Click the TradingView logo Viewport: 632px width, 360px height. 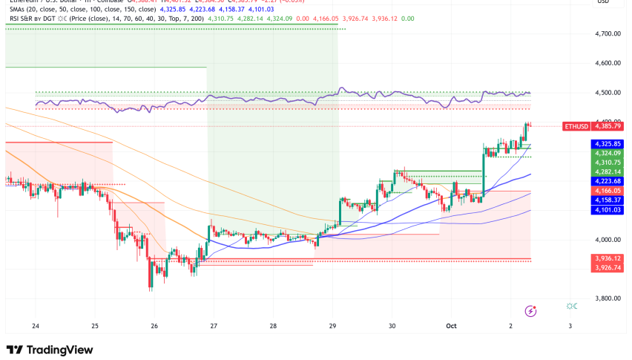pyautogui.click(x=50, y=350)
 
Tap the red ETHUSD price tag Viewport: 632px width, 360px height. pyautogui.click(x=577, y=126)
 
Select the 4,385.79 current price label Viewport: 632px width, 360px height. pyautogui.click(x=608, y=126)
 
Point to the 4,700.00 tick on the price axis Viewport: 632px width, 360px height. pyautogui.click(x=608, y=34)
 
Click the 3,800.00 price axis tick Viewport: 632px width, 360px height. pyautogui.click(x=608, y=298)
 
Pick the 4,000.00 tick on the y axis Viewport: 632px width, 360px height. pyautogui.click(x=608, y=240)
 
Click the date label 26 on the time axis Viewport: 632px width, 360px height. pyautogui.click(x=154, y=326)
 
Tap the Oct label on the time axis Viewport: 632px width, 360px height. pyautogui.click(x=450, y=326)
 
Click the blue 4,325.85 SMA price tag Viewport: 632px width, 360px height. pyautogui.click(x=608, y=144)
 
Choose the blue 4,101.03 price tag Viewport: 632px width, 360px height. pyautogui.click(x=608, y=209)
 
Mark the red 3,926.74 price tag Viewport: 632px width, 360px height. pyautogui.click(x=608, y=267)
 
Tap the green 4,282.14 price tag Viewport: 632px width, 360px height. pyautogui.click(x=608, y=171)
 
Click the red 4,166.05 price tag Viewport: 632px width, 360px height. pyautogui.click(x=608, y=191)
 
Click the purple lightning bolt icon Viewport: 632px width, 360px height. pyautogui.click(x=530, y=310)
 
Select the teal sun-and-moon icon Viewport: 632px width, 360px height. pyautogui.click(x=571, y=306)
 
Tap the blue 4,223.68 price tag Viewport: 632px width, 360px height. pyautogui.click(x=608, y=181)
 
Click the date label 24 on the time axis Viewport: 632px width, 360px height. pyautogui.click(x=35, y=326)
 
